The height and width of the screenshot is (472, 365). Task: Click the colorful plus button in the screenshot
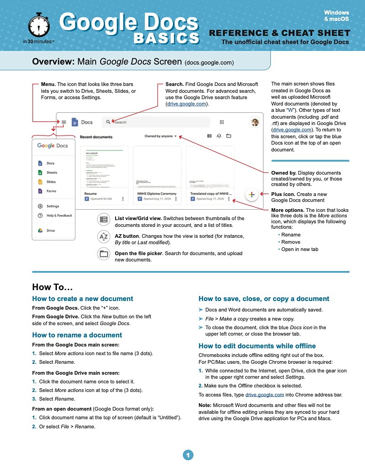[252, 194]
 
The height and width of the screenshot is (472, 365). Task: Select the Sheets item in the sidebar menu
[51, 172]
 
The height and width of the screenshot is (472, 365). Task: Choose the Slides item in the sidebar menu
[51, 182]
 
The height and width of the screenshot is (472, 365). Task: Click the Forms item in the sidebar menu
[51, 191]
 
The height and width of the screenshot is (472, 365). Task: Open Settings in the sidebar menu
[53, 206]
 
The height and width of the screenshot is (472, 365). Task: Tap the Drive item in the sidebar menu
[50, 231]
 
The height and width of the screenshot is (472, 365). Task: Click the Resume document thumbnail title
[91, 193]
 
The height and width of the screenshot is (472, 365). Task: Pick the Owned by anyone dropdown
[161, 136]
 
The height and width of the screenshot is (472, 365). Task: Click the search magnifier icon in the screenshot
[108, 122]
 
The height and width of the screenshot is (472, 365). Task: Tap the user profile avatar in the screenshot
[255, 122]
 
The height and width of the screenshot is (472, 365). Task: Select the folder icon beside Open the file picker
[104, 254]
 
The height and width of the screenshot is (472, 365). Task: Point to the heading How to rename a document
[77, 335]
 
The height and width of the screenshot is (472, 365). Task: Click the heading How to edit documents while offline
[257, 346]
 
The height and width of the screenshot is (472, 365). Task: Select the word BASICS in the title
[166, 38]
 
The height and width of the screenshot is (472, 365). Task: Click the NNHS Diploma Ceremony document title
[157, 193]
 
